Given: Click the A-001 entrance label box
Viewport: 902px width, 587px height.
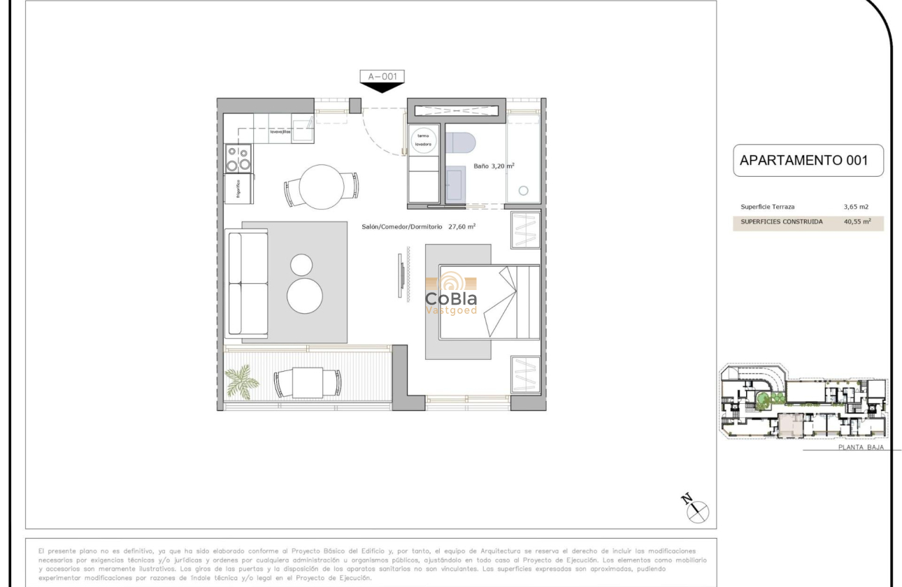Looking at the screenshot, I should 382,77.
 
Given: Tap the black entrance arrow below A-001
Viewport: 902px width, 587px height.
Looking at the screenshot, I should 382,88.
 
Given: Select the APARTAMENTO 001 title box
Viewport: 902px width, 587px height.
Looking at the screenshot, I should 808,160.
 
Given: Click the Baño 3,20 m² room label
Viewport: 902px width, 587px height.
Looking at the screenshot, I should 494,166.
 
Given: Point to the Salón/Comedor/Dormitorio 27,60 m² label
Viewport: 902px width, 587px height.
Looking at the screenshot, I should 419,226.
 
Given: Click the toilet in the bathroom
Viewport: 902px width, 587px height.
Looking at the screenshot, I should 460,143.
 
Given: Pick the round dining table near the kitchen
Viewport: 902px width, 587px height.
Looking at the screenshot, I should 322,187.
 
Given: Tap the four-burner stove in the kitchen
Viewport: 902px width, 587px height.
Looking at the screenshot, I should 238,158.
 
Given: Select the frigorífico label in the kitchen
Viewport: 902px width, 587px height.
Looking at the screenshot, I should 238,189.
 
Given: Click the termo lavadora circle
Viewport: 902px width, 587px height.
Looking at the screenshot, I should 423,140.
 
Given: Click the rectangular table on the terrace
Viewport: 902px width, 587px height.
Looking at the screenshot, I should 308,382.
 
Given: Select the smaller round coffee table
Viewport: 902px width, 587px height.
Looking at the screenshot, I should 302,265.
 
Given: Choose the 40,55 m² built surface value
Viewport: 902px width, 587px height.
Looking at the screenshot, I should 857,222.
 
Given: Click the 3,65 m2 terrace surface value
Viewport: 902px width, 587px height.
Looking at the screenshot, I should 857,207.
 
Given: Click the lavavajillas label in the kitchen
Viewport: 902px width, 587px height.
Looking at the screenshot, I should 280,131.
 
